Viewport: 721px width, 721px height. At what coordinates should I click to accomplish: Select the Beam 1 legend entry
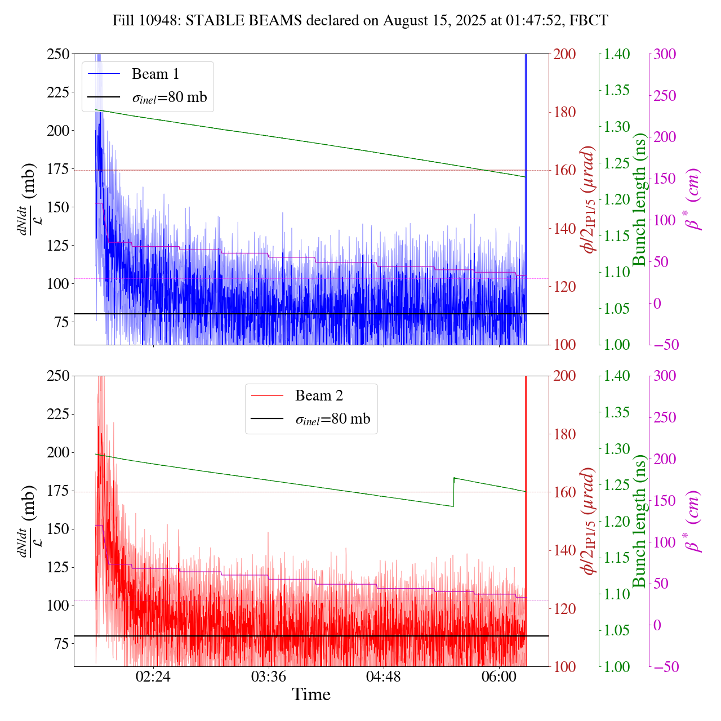pos(155,74)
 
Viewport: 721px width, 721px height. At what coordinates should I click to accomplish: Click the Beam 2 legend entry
pos(318,396)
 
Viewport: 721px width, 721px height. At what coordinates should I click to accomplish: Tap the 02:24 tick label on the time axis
pos(153,677)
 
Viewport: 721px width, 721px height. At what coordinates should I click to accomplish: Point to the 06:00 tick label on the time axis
pos(499,677)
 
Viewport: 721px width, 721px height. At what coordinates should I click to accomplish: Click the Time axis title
pos(311,695)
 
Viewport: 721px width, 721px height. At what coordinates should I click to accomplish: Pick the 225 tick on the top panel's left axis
pos(57,92)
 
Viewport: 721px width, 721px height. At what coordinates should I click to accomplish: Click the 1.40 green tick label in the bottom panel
pos(617,376)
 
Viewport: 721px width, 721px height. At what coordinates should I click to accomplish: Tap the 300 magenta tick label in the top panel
pos(665,55)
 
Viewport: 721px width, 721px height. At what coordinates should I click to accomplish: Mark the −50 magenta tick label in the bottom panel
pos(665,667)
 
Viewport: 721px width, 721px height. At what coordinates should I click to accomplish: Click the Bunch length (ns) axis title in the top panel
pos(639,200)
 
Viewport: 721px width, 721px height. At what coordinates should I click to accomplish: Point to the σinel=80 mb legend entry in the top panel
pos(169,97)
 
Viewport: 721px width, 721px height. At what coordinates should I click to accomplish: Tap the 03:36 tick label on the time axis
pos(269,677)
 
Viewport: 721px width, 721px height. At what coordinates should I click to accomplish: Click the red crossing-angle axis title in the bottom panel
pos(589,521)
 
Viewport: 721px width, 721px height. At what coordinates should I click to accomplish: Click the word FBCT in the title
pos(589,21)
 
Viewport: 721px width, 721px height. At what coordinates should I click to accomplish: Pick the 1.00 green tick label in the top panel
pos(617,345)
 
